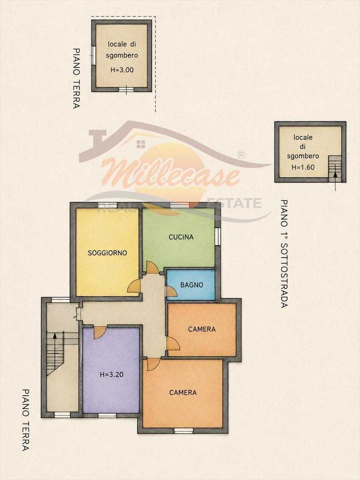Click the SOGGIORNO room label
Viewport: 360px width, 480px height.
pyautogui.click(x=107, y=253)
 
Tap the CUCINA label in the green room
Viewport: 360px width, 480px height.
pyautogui.click(x=181, y=237)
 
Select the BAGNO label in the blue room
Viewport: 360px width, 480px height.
pyautogui.click(x=192, y=285)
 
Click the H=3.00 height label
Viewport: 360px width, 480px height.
pyautogui.click(x=122, y=70)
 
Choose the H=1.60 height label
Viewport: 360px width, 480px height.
pyautogui.click(x=303, y=167)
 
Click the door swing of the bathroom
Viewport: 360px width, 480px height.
pyautogui.click(x=172, y=292)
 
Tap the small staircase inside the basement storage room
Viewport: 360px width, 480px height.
pyautogui.click(x=334, y=168)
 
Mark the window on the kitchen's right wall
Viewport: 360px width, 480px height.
pyautogui.click(x=217, y=236)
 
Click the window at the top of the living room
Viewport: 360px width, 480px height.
pyautogui.click(x=107, y=205)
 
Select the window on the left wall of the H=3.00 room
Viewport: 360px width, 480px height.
pyautogui.click(x=93, y=55)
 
